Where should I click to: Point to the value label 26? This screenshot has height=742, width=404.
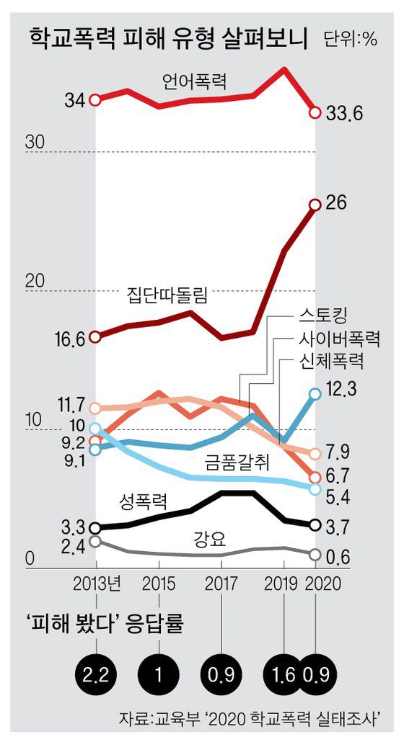(x=337, y=203)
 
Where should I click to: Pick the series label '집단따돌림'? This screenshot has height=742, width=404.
(x=167, y=296)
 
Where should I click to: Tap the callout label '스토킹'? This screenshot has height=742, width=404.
(x=322, y=316)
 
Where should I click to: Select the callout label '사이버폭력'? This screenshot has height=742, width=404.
(x=339, y=338)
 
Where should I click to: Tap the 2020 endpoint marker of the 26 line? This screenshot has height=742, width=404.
(x=315, y=205)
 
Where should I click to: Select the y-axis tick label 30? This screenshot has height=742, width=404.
(x=35, y=142)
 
